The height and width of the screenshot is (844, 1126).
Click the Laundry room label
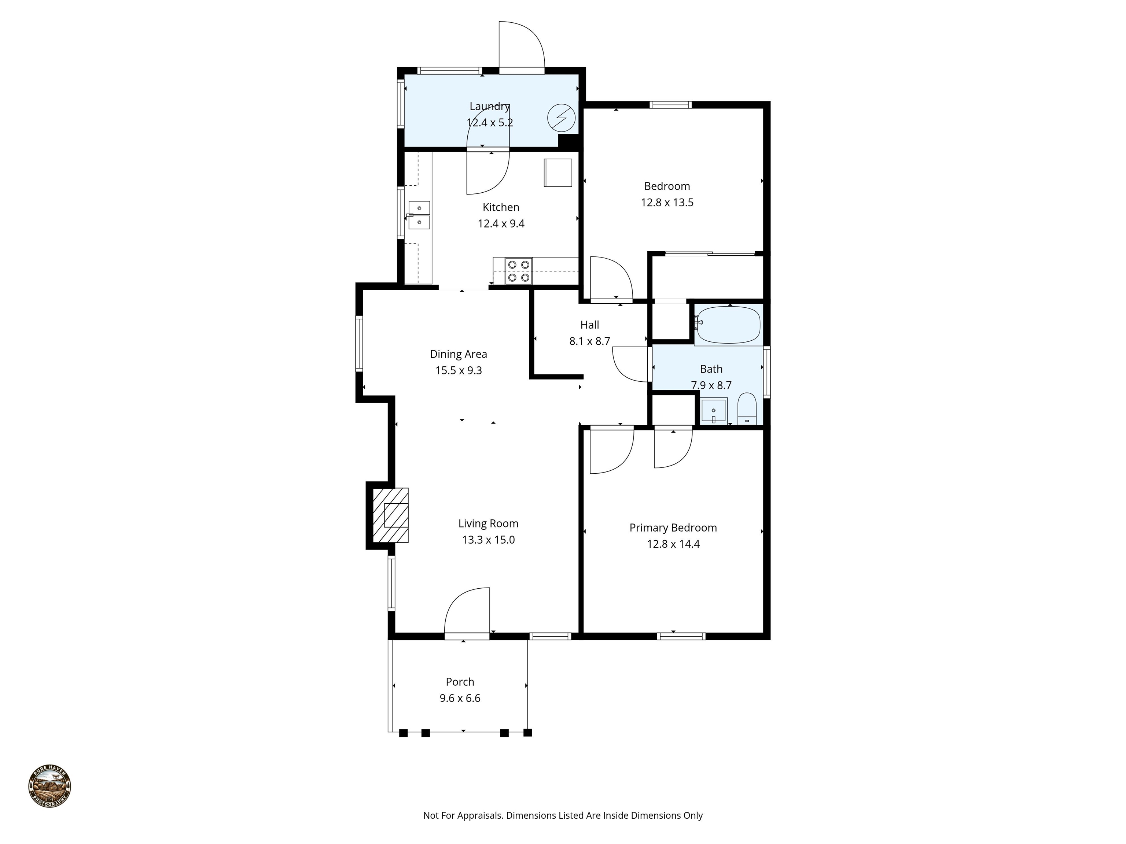click(489, 106)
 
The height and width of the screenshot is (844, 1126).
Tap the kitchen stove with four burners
click(519, 271)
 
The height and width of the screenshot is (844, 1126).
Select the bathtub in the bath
click(728, 325)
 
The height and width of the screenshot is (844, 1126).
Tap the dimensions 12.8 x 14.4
click(673, 544)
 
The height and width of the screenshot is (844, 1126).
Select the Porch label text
click(460, 682)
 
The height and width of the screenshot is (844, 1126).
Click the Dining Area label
click(458, 354)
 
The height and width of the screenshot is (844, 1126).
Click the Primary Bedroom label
click(673, 527)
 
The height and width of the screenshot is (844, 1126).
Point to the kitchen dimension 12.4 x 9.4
click(501, 224)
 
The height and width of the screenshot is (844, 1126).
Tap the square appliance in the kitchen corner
click(558, 173)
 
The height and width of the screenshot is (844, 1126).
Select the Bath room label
click(711, 369)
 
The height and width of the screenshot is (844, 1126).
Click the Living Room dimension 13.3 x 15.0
click(488, 540)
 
